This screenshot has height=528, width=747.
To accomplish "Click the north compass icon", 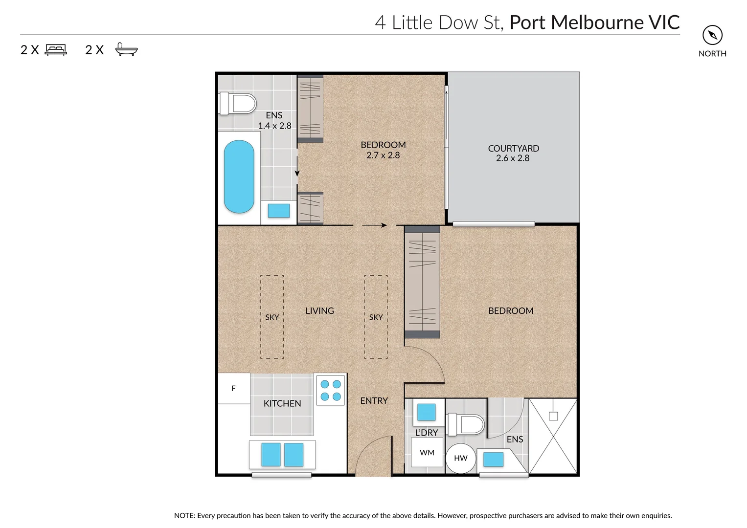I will tap(712, 35).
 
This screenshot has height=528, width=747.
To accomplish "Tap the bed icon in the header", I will tap(56, 50).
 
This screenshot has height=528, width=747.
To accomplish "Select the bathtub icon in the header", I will tap(127, 49).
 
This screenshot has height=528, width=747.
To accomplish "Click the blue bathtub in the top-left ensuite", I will tap(239, 176).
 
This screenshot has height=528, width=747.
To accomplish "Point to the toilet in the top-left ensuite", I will tap(238, 104).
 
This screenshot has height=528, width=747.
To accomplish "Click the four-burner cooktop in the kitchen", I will tap(331, 390).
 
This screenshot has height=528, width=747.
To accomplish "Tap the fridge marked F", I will tap(233, 389).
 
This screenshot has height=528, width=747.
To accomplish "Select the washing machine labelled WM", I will tap(427, 453).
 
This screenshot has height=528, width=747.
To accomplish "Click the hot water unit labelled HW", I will tap(460, 458).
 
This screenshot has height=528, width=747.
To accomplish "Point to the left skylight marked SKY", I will tap(272, 317).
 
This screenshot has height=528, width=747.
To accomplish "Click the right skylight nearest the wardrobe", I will tap(376, 317).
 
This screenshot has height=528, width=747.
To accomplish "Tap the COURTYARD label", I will tap(513, 148).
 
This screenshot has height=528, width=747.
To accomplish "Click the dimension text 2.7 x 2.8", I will tap(383, 155).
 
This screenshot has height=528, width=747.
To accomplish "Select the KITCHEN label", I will tap(282, 403).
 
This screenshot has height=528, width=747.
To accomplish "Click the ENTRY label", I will tap(374, 401).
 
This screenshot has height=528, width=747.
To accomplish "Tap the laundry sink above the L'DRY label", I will tap(426, 412).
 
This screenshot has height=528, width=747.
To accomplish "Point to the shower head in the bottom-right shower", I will tap(553, 416).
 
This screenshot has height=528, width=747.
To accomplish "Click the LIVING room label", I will tap(319, 311).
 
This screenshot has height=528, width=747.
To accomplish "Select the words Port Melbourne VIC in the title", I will tap(594, 22).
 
